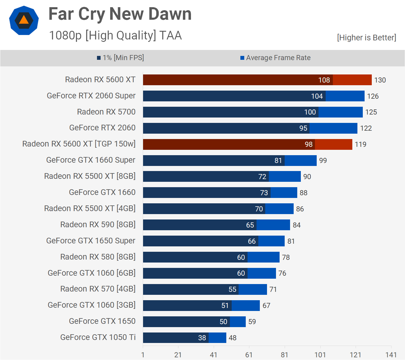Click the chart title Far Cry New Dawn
[120, 14]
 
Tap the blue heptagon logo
[24, 20]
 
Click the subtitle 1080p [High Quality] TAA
[115, 35]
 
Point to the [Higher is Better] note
[366, 38]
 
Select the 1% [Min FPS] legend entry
[120, 58]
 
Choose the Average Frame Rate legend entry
[275, 58]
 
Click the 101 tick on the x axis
[320, 355]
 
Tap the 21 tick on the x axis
[178, 355]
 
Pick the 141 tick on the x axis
[391, 355]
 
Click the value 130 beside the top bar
[380, 80]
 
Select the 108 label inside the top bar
[324, 80]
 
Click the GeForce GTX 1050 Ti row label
[98, 337]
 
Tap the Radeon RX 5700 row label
[106, 112]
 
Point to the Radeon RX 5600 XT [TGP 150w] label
[79, 144]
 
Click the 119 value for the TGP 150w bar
[360, 144]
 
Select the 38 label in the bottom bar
[202, 338]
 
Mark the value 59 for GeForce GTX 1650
[252, 322]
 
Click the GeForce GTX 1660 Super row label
[91, 160]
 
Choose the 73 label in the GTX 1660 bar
[264, 193]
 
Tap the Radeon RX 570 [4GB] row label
[98, 289]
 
